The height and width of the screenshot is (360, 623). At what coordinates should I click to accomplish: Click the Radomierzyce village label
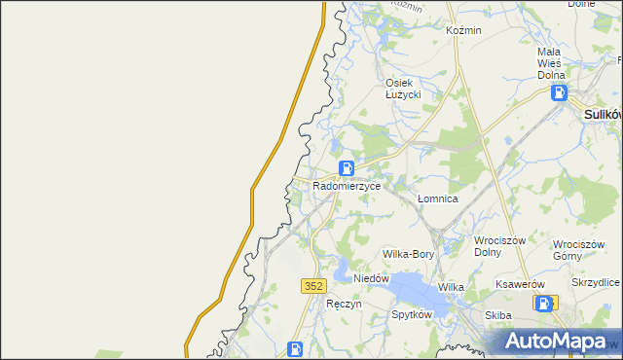click(347, 184)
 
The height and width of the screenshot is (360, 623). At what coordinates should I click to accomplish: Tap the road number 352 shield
click(312, 285)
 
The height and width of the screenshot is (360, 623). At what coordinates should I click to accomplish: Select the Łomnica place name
click(437, 198)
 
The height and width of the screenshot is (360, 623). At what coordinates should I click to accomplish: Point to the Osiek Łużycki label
click(402, 89)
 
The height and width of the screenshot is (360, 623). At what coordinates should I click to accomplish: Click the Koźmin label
click(463, 30)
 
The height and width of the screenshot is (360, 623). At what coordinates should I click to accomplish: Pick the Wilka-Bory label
click(408, 254)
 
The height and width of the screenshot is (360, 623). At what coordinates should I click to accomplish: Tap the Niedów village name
click(371, 278)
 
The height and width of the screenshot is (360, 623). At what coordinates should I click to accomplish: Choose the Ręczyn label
click(345, 304)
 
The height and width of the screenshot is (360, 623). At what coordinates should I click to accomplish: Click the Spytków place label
click(411, 315)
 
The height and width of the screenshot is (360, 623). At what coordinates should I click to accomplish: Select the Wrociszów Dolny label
click(499, 247)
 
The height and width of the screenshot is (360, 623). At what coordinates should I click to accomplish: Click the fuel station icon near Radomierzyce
click(347, 168)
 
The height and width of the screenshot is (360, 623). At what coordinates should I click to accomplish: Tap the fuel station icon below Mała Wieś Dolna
click(560, 93)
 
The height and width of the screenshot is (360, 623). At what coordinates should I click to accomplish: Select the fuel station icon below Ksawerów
click(543, 304)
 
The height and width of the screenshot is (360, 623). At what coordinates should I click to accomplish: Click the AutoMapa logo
click(554, 341)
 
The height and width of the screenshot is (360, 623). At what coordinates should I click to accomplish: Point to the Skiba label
click(498, 316)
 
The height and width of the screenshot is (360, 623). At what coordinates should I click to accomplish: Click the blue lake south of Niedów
click(409, 289)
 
